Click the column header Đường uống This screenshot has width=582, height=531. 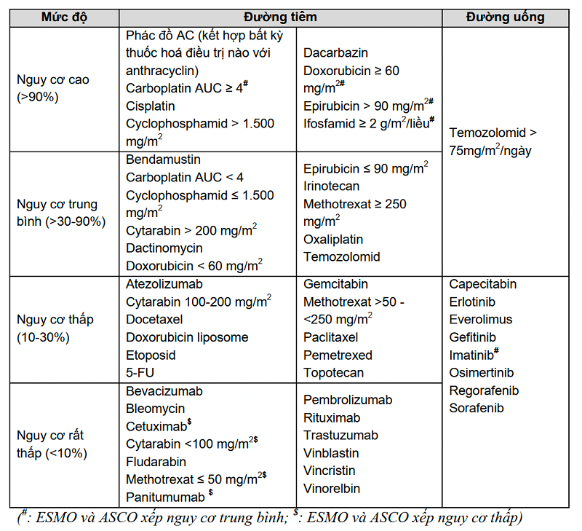point(505,17)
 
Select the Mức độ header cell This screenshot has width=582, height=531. point(64,17)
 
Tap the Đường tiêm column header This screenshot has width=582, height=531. point(280,17)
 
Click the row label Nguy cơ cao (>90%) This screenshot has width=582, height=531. point(53,87)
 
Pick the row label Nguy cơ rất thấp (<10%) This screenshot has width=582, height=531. point(51,444)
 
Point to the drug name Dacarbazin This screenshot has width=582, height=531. point(336,53)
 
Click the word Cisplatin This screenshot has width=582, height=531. point(151,106)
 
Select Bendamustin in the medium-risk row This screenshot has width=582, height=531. point(163,159)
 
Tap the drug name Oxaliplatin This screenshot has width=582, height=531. point(333,239)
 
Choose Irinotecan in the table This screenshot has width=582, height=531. point(332,186)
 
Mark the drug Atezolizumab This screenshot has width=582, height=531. point(164,284)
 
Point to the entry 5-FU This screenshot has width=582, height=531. point(140,373)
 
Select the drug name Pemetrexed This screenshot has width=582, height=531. point(338,355)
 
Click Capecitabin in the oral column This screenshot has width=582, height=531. point(483,284)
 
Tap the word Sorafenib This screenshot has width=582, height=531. point(477,408)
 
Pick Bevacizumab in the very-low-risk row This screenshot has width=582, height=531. point(164,391)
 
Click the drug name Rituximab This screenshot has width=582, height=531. point(332,417)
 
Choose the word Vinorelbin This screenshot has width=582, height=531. point(332,489)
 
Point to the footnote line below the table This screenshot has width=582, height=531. point(269,518)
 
